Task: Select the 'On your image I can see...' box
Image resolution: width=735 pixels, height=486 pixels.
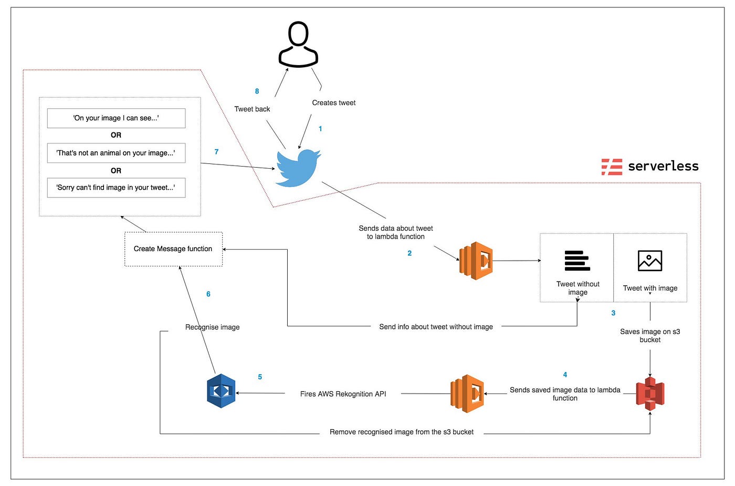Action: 116,118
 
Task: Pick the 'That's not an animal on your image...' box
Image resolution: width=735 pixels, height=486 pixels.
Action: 116,153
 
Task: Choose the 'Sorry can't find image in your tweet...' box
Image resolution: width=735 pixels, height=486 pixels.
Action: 116,188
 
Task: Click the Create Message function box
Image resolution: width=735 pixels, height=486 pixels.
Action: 173,249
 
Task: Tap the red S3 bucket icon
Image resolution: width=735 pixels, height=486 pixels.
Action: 650,394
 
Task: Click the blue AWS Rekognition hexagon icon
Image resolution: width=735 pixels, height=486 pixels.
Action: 221,391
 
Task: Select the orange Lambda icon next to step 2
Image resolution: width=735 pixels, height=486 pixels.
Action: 476,261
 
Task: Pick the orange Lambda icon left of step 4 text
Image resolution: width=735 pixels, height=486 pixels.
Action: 467,394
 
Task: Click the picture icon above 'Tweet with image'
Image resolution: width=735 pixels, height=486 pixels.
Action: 650,261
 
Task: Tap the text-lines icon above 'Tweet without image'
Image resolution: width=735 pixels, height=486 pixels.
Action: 577,261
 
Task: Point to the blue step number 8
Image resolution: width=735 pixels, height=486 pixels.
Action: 257,91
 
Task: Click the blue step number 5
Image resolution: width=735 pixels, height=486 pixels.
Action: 260,377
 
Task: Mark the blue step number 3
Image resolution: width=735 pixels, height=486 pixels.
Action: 613,313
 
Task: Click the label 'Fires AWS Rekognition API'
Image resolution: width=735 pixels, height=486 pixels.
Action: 343,394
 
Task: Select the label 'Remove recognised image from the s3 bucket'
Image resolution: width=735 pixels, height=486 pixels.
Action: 401,432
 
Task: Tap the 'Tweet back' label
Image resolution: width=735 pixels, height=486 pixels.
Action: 252,109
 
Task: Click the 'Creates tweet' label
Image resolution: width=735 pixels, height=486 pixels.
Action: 333,103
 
